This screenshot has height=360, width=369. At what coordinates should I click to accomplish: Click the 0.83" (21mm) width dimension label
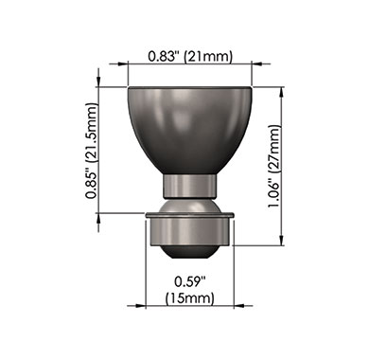tap(190, 56)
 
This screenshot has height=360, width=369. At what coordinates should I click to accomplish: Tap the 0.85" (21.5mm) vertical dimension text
tap(91, 151)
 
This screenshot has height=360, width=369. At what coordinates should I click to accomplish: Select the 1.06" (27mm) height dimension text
tap(273, 167)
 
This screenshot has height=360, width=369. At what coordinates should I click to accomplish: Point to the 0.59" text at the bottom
tap(190, 281)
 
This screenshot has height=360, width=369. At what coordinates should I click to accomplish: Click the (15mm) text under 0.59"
tap(190, 298)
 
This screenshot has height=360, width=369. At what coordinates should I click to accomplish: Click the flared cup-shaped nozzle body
tap(190, 131)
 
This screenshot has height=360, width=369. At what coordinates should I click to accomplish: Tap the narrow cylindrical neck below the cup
tap(190, 187)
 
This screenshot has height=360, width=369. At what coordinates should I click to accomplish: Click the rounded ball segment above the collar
tap(190, 206)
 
